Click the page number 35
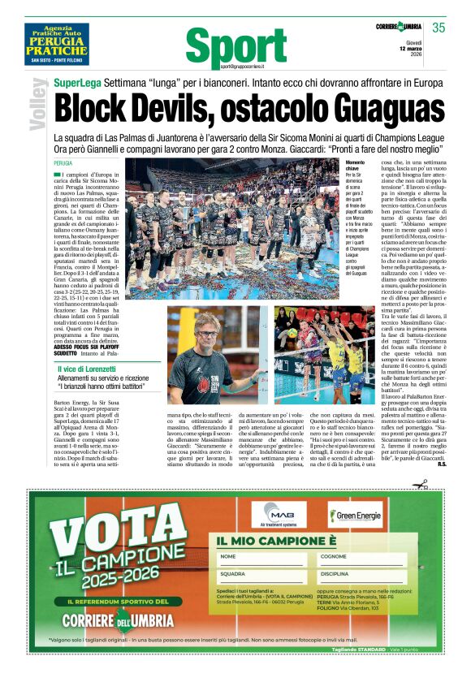[x=439, y=28]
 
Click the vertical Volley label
[x=38, y=104]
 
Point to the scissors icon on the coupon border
[x=420, y=485]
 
